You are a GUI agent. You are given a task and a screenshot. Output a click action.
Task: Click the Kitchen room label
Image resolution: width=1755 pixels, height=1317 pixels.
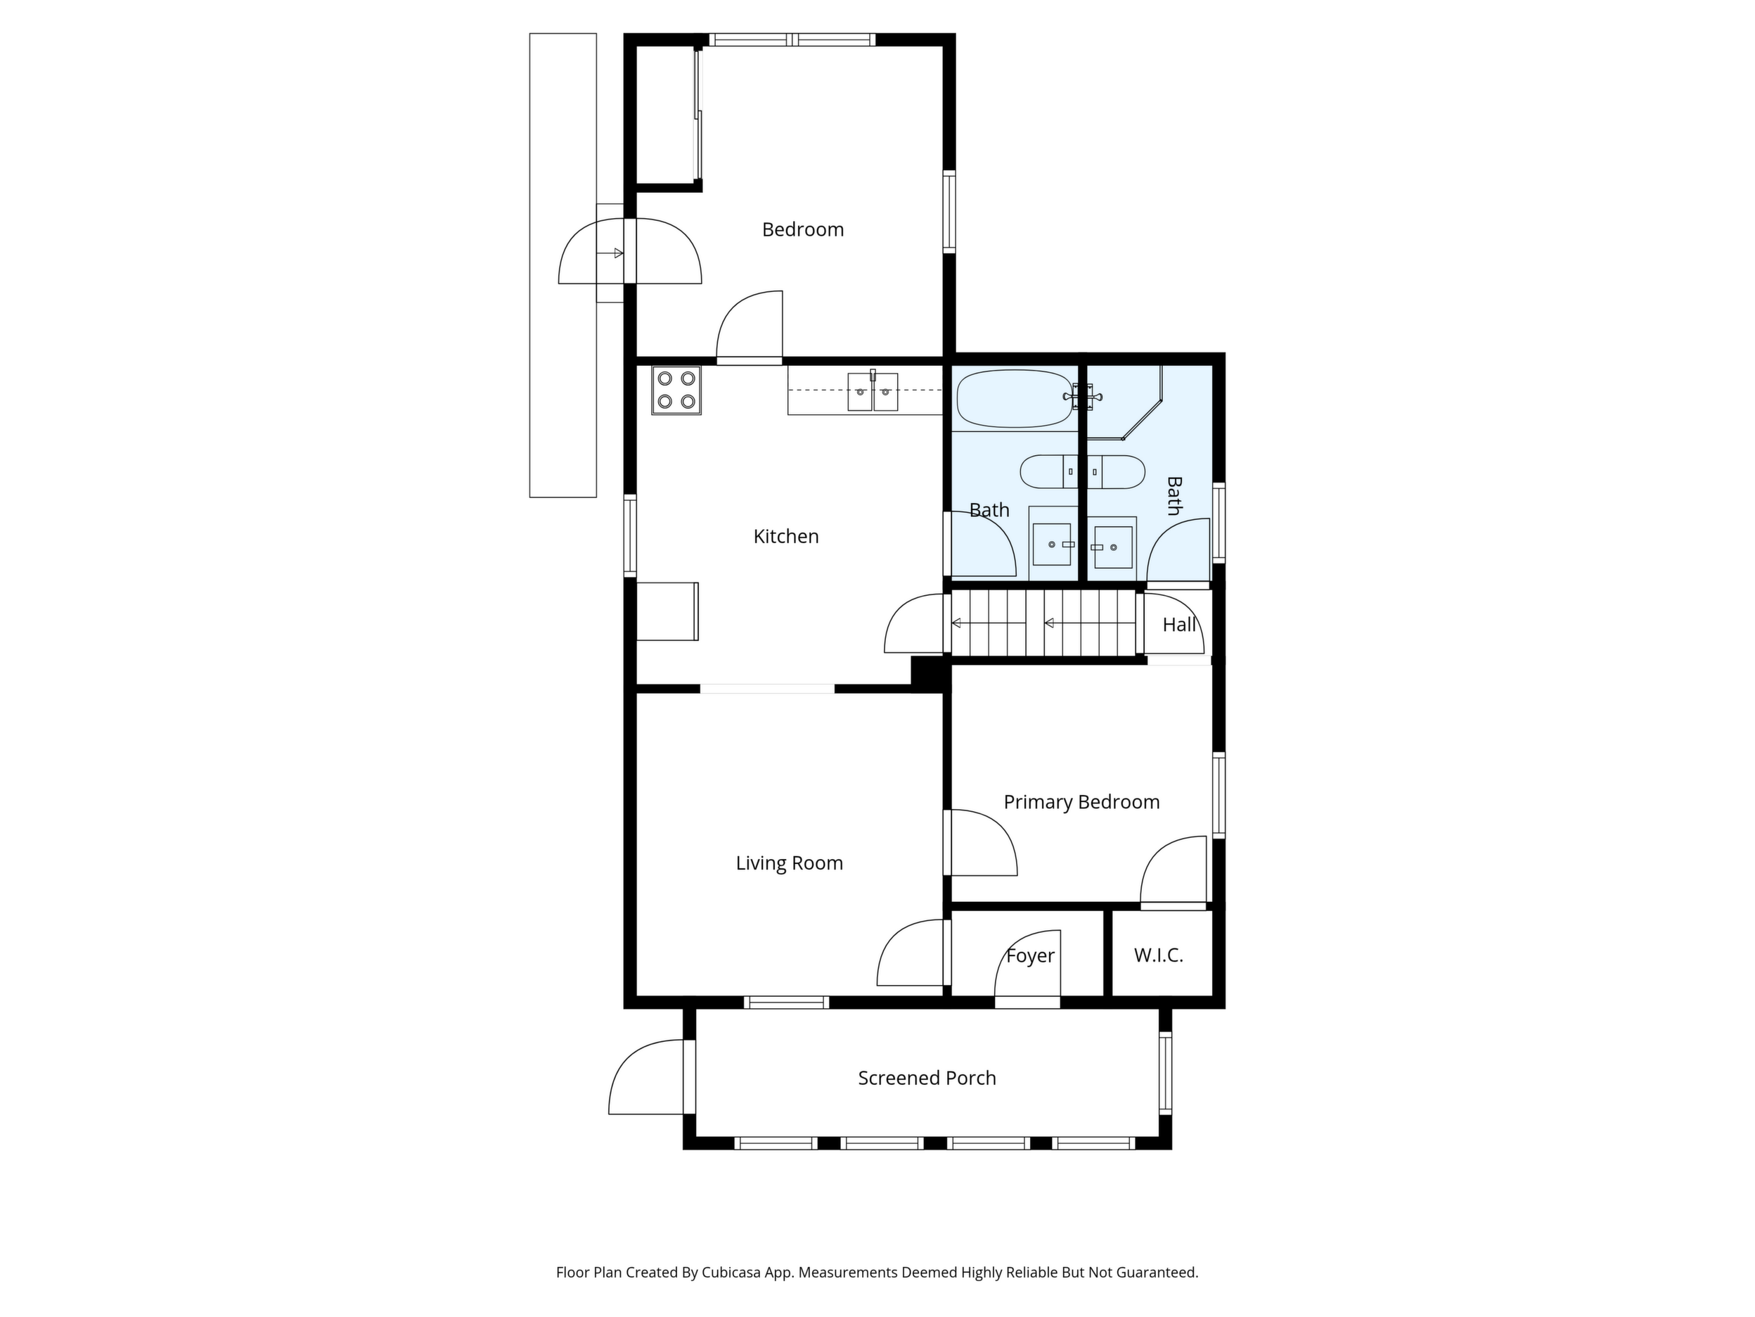(x=785, y=537)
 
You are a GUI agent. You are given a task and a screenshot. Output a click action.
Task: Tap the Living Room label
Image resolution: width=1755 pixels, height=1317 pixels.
(x=789, y=864)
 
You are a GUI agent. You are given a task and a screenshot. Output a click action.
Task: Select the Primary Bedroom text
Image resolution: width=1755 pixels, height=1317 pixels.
(x=1081, y=803)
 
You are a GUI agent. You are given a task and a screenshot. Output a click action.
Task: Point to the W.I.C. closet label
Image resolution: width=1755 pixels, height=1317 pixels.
(x=1158, y=956)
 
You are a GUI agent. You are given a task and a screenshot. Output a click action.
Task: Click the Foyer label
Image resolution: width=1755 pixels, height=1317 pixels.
(x=1030, y=957)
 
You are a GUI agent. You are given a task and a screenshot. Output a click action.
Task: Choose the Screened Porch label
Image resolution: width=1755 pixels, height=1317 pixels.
(x=927, y=1078)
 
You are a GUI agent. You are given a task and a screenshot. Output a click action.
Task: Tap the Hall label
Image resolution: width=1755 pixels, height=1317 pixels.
(x=1179, y=625)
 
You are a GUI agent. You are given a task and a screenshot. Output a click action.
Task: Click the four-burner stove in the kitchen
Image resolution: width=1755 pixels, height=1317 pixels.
(x=676, y=390)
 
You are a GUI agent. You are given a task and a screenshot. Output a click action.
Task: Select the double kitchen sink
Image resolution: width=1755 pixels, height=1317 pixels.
(x=873, y=391)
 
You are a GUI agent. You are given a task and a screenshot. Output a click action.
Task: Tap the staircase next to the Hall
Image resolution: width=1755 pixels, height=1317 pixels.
(x=1044, y=623)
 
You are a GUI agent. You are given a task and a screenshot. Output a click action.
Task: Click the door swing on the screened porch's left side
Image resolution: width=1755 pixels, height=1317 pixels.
(x=647, y=1077)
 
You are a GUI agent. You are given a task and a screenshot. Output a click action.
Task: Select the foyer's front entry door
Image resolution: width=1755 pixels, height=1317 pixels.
(x=1027, y=970)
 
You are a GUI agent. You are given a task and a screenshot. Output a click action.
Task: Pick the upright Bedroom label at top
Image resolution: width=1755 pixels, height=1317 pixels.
(x=803, y=230)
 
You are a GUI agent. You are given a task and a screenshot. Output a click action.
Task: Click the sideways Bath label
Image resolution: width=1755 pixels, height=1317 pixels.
(x=1174, y=496)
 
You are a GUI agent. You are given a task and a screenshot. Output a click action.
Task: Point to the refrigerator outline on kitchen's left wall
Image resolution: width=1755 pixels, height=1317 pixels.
(x=667, y=611)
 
